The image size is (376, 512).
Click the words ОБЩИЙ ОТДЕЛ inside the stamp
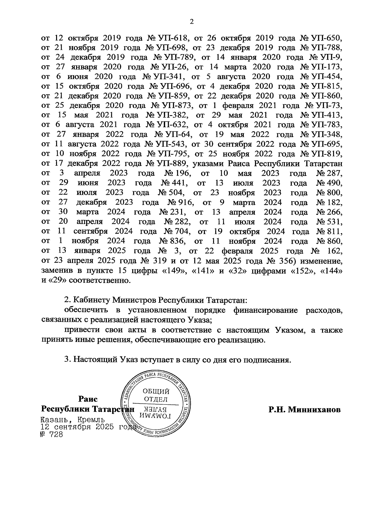tap(156, 395)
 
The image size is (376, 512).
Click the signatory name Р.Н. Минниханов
tap(304, 409)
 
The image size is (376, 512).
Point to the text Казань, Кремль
tap(73, 420)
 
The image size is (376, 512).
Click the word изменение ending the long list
tap(323, 261)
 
